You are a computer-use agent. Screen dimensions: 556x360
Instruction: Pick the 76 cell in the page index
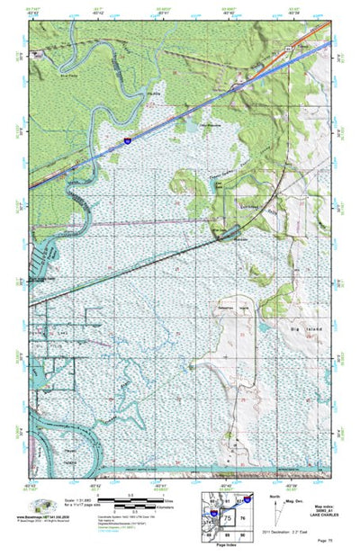click(x=242, y=520)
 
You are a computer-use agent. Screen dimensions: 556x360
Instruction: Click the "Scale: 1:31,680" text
click(x=76, y=498)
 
